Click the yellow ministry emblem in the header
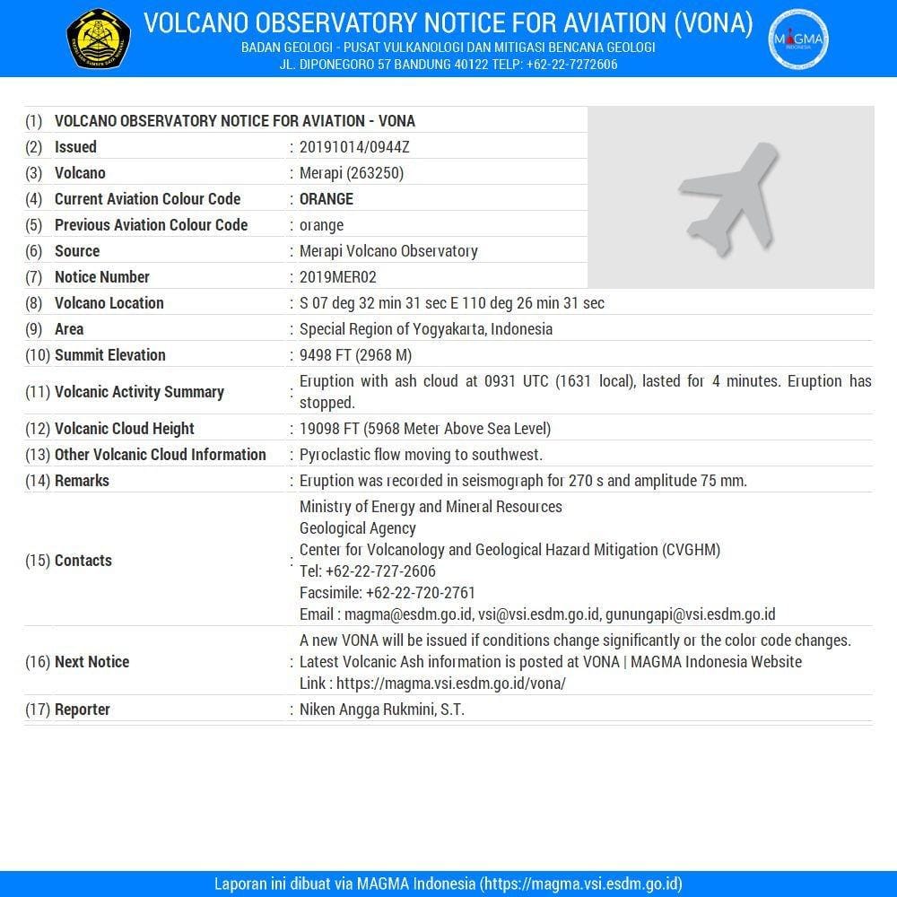point(99,39)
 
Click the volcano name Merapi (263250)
point(352,173)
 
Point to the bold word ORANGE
point(327,199)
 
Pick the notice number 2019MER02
point(338,277)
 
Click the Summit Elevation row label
point(109,355)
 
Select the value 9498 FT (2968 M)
point(355,355)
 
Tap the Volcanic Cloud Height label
point(124,429)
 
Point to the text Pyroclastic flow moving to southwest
point(421,455)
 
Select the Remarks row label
point(82,481)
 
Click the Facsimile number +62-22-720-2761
point(420,593)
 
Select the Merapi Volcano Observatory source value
point(388,251)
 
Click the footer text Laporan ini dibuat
point(269,883)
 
